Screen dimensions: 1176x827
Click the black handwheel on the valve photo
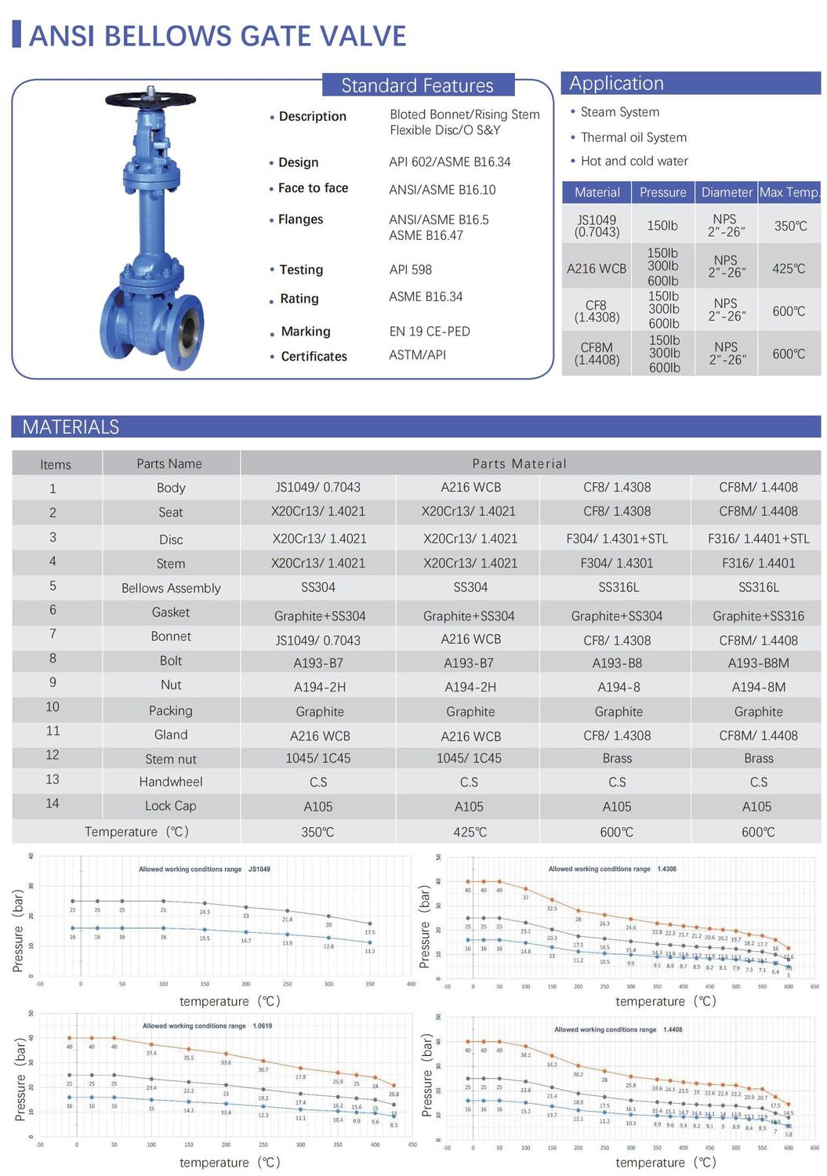tap(150, 99)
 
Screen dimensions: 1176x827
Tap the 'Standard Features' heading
tap(417, 85)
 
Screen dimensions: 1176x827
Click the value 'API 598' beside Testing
tap(410, 270)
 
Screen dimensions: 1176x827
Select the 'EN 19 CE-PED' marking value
tap(430, 332)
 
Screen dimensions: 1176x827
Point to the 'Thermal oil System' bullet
tap(633, 137)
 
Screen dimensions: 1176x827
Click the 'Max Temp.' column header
tap(789, 192)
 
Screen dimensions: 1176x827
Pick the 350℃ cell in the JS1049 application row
tap(790, 226)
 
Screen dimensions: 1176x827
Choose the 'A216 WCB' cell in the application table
tap(597, 269)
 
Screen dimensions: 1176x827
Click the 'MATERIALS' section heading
tap(71, 427)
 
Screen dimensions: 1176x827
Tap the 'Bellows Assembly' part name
tap(171, 588)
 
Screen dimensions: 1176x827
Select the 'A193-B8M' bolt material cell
tap(758, 662)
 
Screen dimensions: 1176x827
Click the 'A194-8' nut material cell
tap(618, 687)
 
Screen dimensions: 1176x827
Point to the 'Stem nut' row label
tap(171, 759)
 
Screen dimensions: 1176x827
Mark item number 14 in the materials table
tap(53, 804)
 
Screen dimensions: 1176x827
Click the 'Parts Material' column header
tap(519, 463)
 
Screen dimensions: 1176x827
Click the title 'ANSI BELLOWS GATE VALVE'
tap(217, 36)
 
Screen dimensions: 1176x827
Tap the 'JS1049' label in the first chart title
tap(259, 869)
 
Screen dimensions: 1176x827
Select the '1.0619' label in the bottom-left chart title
tap(262, 1025)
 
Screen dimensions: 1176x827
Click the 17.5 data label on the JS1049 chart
tap(370, 932)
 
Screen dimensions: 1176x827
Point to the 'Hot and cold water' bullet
tap(634, 161)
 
